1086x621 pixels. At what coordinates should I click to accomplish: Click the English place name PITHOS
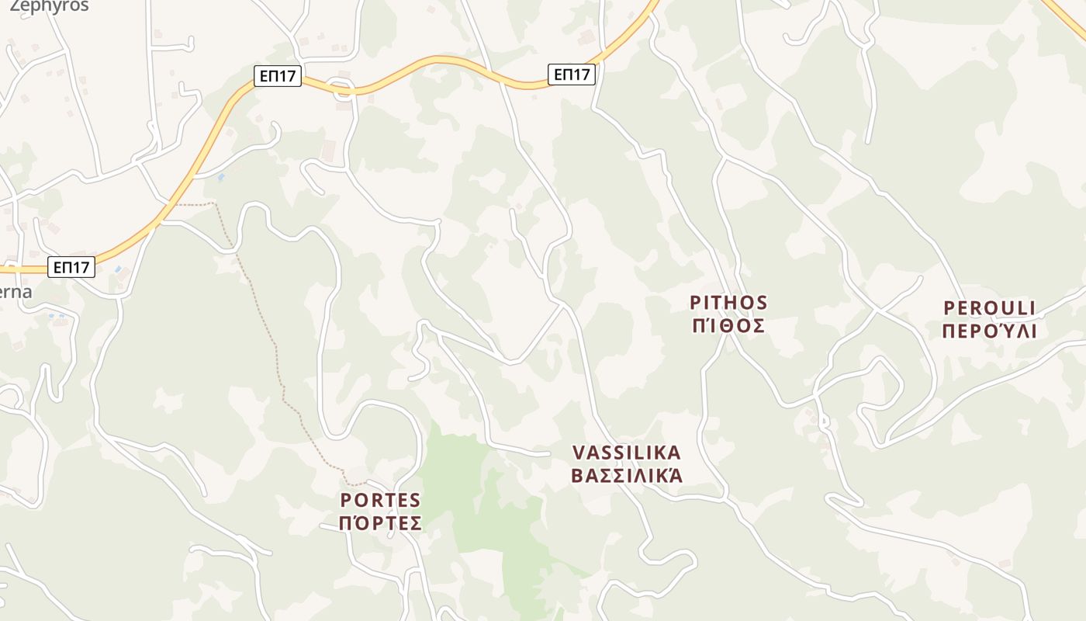pos(728,303)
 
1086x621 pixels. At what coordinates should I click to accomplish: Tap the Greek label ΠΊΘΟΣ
pos(728,325)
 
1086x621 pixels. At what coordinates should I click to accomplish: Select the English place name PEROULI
pos(989,308)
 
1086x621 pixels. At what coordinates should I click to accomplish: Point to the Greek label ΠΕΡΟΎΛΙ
pos(989,331)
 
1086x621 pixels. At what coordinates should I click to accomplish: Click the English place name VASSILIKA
pos(626,453)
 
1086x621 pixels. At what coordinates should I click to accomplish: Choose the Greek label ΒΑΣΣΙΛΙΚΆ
pos(626,475)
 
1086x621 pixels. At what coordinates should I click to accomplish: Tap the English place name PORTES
pos(380,500)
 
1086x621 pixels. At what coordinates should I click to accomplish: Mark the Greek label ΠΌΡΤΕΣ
pos(380,523)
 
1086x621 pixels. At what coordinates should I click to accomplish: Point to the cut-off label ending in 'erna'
pos(16,293)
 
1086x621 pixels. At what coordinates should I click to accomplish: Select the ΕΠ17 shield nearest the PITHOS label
pos(572,75)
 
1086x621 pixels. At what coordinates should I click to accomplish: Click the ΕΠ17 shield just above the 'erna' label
pos(71,268)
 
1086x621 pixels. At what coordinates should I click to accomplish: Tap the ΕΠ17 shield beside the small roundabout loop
pos(278,76)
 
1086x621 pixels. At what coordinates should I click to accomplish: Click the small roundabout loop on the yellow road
pos(342,88)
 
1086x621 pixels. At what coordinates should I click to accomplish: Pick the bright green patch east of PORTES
pos(465,497)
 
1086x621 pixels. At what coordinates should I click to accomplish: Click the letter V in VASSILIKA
pos(578,453)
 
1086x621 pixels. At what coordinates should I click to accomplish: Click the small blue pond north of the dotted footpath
pos(221,178)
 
